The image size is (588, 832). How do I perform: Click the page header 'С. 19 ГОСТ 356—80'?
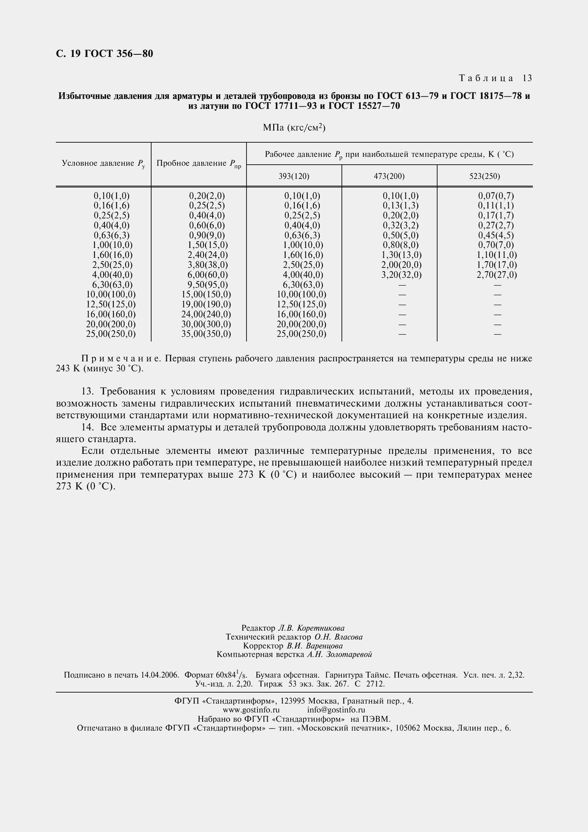(x=104, y=54)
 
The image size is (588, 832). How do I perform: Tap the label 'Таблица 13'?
(x=495, y=78)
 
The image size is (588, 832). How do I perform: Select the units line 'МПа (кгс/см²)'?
(x=294, y=128)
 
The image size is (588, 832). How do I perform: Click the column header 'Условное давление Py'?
(x=103, y=164)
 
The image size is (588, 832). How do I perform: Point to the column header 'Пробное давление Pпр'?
(x=198, y=164)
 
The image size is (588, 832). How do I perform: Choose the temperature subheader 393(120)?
(x=294, y=176)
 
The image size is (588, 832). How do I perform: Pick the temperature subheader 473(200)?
(x=389, y=176)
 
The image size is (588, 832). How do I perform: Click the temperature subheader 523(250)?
(x=484, y=176)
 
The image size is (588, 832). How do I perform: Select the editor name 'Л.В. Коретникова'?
(x=311, y=628)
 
